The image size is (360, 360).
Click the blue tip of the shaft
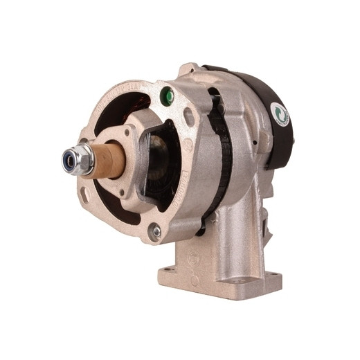(x=69, y=158)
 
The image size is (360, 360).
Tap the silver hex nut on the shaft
(x=82, y=159)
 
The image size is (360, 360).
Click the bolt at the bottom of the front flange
(x=156, y=232)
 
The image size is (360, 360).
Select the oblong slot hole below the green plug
(x=189, y=116)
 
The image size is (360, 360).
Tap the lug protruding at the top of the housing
(x=188, y=69)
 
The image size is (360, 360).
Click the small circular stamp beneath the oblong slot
(x=188, y=143)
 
